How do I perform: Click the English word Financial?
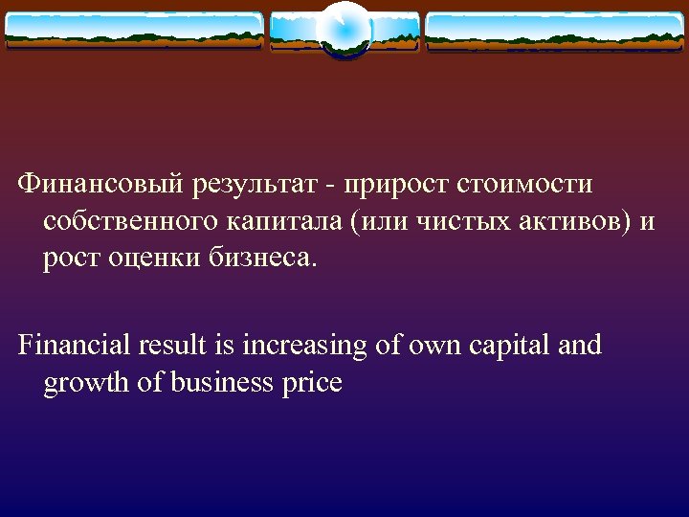tap(76, 345)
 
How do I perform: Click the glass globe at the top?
tap(344, 30)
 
